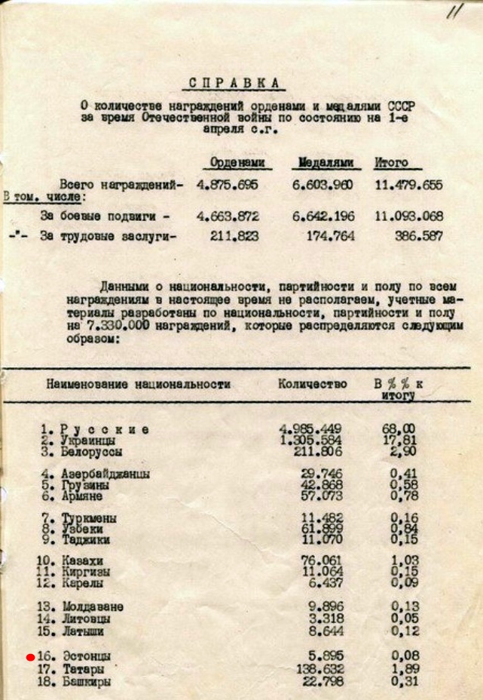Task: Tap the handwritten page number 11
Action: tap(453, 14)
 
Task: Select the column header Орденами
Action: tap(237, 163)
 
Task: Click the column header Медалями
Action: tap(326, 163)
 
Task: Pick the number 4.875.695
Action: tap(228, 186)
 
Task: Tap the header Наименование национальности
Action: tap(138, 384)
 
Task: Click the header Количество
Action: tap(312, 384)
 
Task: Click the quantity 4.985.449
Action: tap(311, 429)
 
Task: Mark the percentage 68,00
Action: tap(399, 429)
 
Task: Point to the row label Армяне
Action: tap(82, 497)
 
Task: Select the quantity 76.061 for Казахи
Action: tap(321, 560)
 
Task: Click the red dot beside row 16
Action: tap(30, 657)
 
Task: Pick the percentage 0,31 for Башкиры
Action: tap(402, 681)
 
